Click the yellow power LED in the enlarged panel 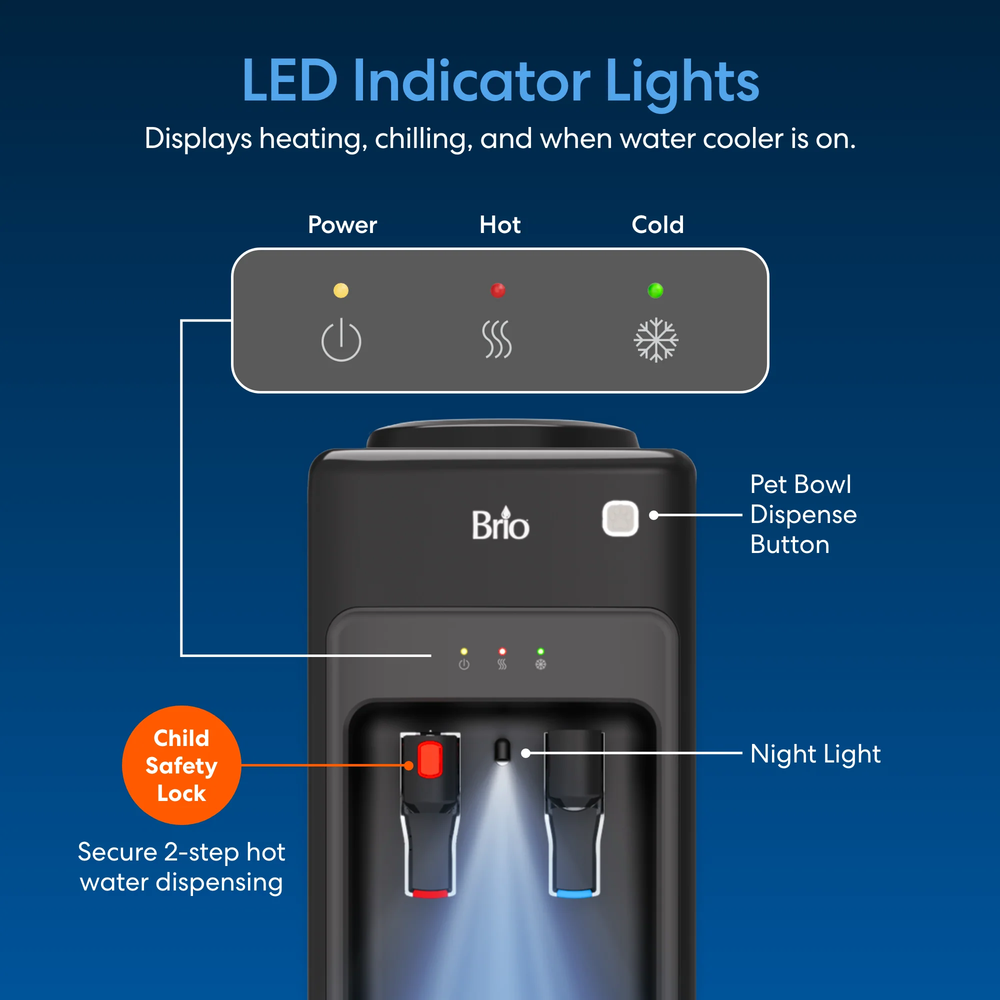(x=340, y=290)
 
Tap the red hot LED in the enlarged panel (x=498, y=290)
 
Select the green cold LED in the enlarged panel (x=656, y=290)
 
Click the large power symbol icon (x=341, y=340)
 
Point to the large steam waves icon (x=497, y=339)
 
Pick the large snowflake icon (x=656, y=340)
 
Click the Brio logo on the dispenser (x=500, y=524)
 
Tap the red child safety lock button (x=430, y=759)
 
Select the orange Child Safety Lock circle (x=181, y=765)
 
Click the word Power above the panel (x=342, y=225)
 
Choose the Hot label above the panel (x=500, y=224)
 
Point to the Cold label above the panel (x=658, y=224)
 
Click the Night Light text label (x=815, y=754)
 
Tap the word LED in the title (x=290, y=80)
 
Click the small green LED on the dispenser (x=540, y=651)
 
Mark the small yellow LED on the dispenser (x=464, y=651)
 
